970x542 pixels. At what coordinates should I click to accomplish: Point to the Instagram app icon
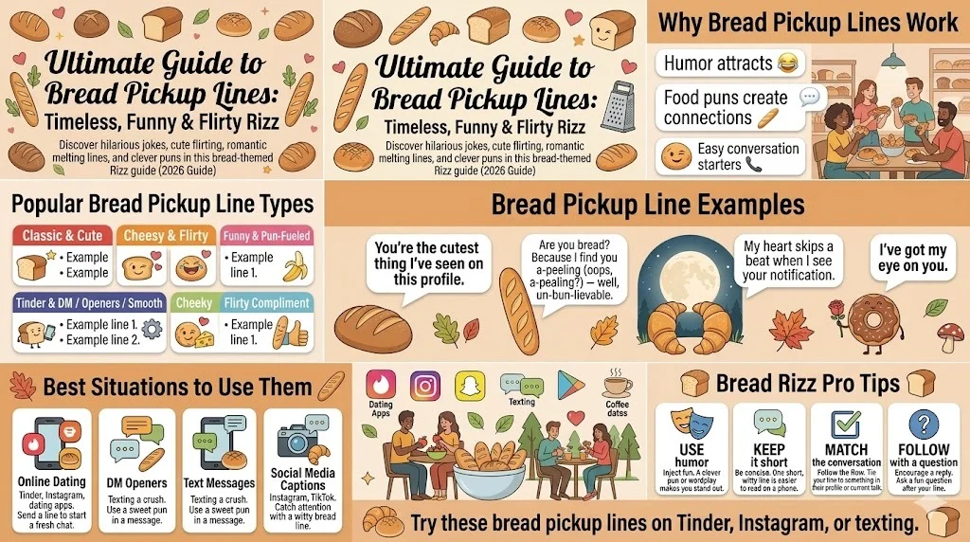(x=425, y=386)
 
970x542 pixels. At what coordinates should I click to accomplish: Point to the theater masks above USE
(x=692, y=424)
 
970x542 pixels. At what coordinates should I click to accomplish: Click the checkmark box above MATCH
(x=844, y=424)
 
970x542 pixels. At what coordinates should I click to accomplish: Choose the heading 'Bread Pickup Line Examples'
(x=647, y=205)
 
